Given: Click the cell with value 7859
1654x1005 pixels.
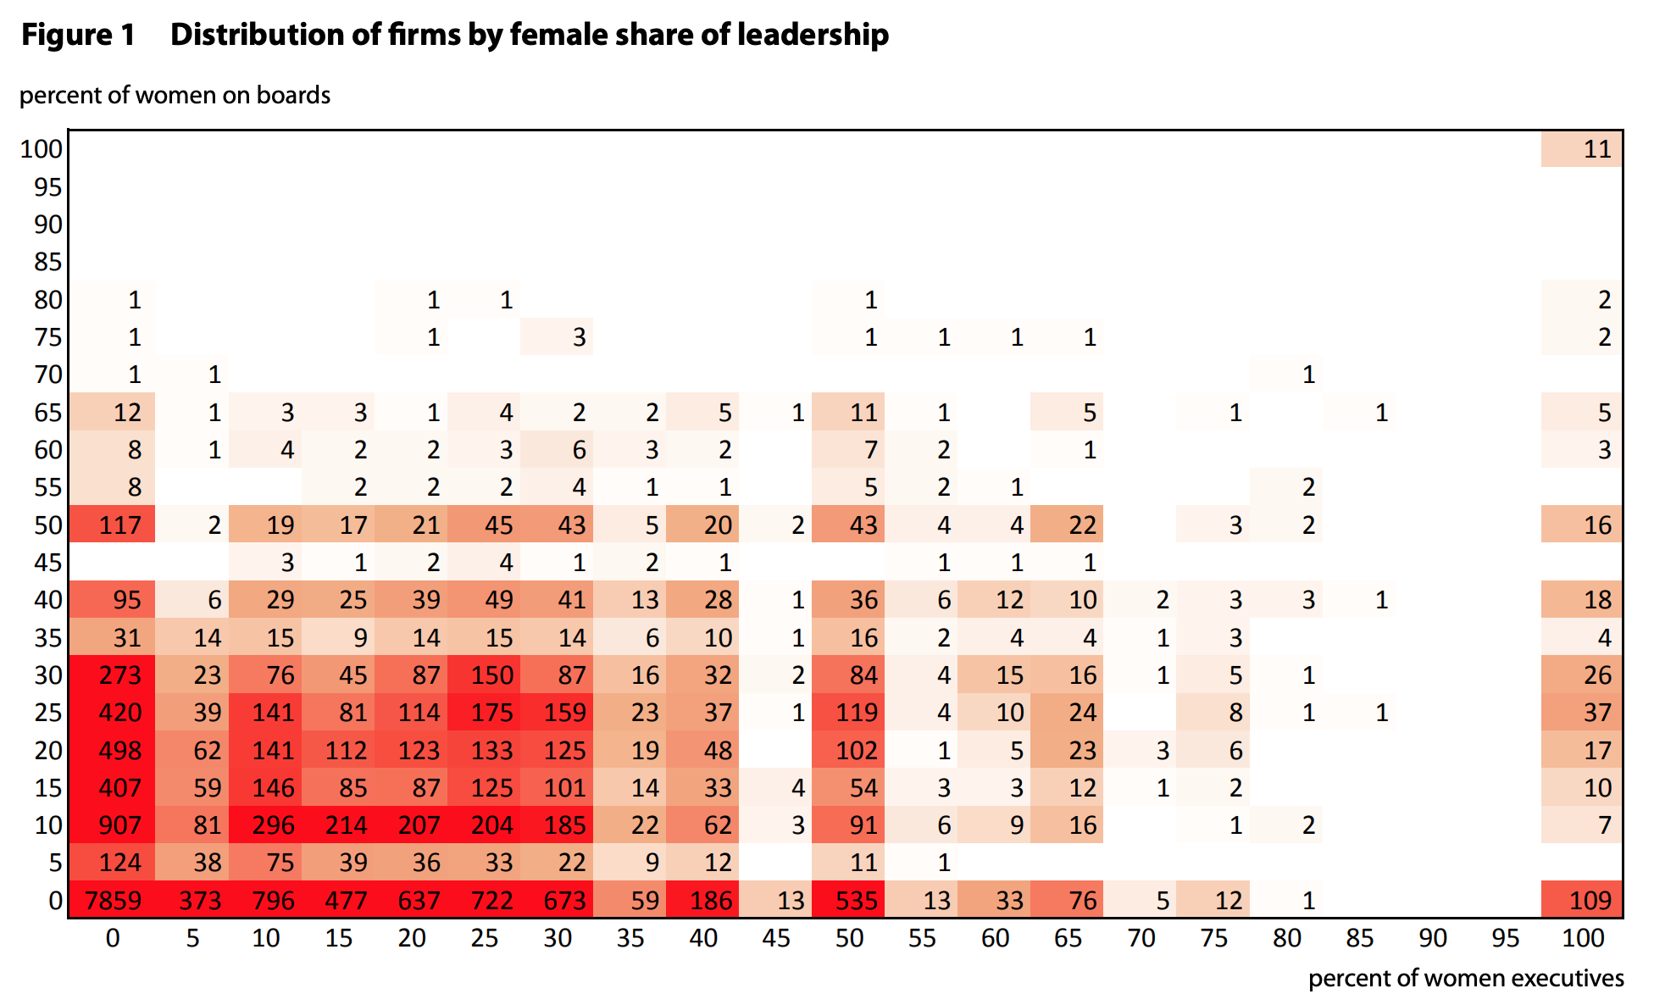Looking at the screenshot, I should (x=113, y=900).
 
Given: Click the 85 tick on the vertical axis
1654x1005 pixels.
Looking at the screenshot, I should (x=48, y=262).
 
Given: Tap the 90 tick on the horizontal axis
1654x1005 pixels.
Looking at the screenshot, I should (x=1433, y=938).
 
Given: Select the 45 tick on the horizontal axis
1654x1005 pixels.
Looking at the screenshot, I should (x=776, y=938).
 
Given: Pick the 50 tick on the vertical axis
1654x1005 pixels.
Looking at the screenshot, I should (x=48, y=525).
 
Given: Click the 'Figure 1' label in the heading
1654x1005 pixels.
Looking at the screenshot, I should (x=78, y=35).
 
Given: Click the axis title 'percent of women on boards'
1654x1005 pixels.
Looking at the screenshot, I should (x=175, y=95).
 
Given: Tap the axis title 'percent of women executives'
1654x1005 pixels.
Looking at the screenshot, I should (x=1465, y=978).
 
